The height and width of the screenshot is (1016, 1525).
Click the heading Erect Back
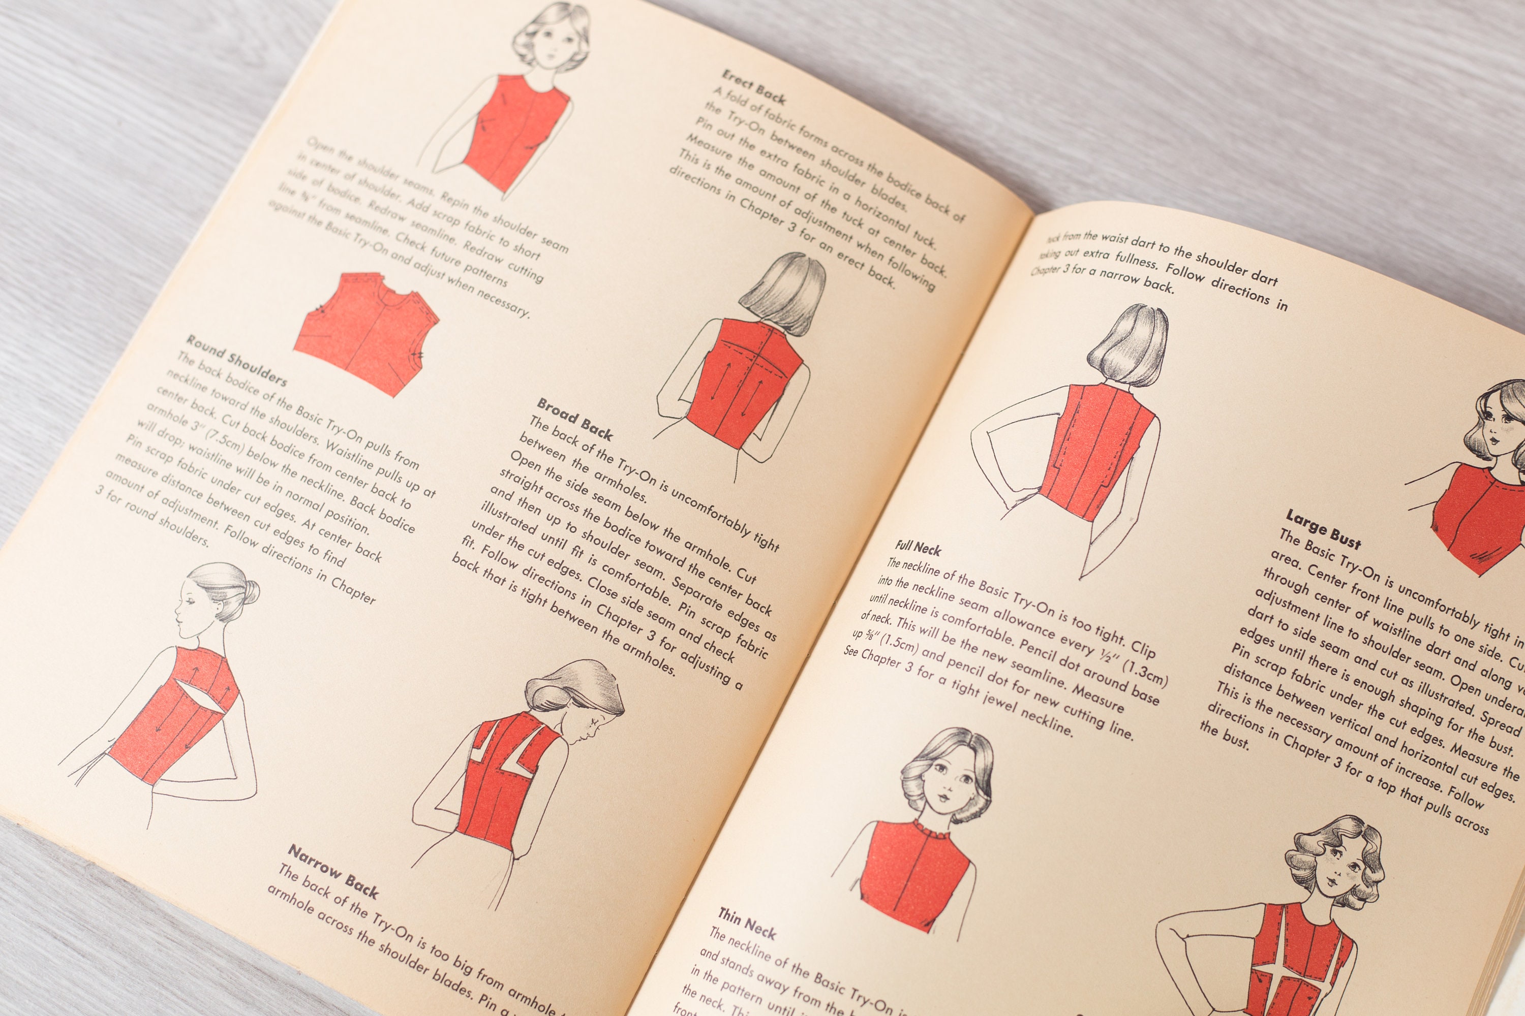753,87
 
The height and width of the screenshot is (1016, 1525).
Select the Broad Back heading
574,419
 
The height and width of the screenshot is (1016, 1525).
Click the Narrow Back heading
332,870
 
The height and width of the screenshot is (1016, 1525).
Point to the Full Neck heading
918,548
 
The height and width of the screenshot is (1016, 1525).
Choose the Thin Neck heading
746,923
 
